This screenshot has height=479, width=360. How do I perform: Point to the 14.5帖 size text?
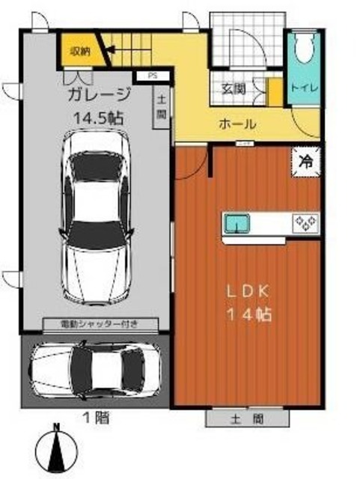(x=98, y=118)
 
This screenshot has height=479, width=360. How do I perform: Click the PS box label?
(x=152, y=76)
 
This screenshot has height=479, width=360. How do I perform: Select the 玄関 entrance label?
(x=234, y=88)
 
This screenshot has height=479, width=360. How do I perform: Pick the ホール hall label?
(x=238, y=123)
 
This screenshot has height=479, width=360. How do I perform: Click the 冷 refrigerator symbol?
(x=306, y=159)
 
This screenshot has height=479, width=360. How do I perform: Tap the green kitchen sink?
(x=238, y=222)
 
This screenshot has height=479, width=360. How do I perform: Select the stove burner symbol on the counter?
(x=306, y=222)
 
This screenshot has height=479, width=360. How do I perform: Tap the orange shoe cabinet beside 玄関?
(x=273, y=91)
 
